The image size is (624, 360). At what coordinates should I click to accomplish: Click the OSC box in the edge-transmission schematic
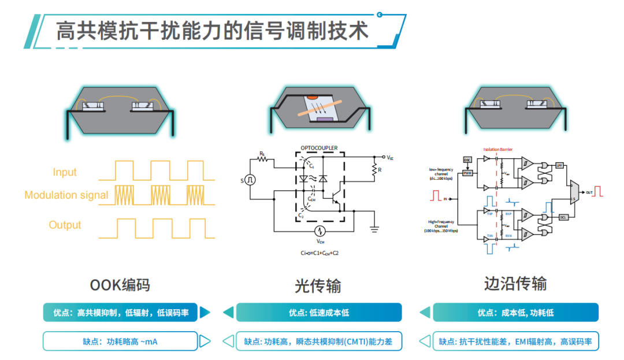coord(467,159)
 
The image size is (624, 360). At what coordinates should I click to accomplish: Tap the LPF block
coord(559,166)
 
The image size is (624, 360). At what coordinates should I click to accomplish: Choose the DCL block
coord(563,217)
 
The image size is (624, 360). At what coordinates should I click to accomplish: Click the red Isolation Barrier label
coord(498,149)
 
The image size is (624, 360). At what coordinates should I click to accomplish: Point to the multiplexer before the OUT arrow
coord(573,192)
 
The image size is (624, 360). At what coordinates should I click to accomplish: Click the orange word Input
coord(65,172)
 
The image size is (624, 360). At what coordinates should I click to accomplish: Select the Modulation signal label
coord(66,195)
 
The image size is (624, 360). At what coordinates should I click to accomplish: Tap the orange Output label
coord(65,225)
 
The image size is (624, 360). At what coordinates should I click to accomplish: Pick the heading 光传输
coord(318,285)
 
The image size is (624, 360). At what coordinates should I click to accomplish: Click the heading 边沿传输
coord(515,284)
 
